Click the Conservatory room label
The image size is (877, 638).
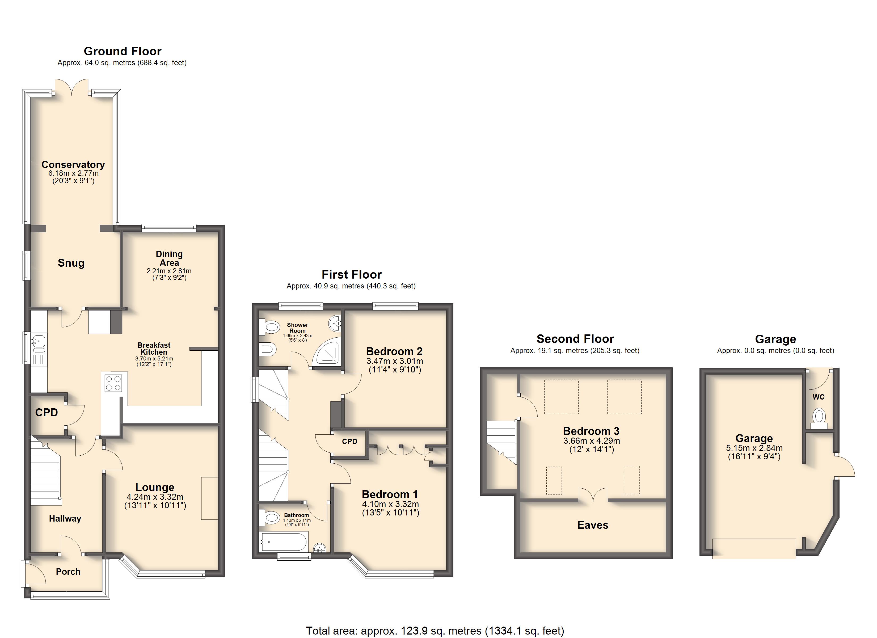[x=73, y=165]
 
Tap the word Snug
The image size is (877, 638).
[x=71, y=263]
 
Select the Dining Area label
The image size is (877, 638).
[x=169, y=258]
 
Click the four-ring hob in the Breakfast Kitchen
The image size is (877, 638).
[x=113, y=383]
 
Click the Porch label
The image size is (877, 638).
[x=68, y=572]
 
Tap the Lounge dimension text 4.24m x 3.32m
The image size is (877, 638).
[x=155, y=497]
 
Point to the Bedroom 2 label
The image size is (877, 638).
[x=394, y=351]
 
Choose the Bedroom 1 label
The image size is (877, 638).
[x=390, y=494]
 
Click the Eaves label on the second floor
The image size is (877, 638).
[x=593, y=525]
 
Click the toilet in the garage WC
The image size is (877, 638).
[x=819, y=418]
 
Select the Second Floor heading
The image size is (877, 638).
[x=575, y=339]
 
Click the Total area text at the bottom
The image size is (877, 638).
[x=435, y=631]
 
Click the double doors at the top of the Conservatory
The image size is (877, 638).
[x=71, y=87]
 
